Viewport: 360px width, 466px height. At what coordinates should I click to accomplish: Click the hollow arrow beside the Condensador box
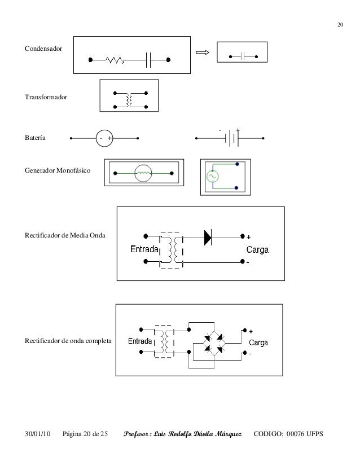[201, 54]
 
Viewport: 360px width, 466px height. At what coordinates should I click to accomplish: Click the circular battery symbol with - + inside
[104, 138]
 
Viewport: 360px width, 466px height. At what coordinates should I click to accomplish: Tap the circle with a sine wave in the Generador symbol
[214, 176]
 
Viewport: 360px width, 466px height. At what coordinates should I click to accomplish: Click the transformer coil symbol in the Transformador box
[130, 99]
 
